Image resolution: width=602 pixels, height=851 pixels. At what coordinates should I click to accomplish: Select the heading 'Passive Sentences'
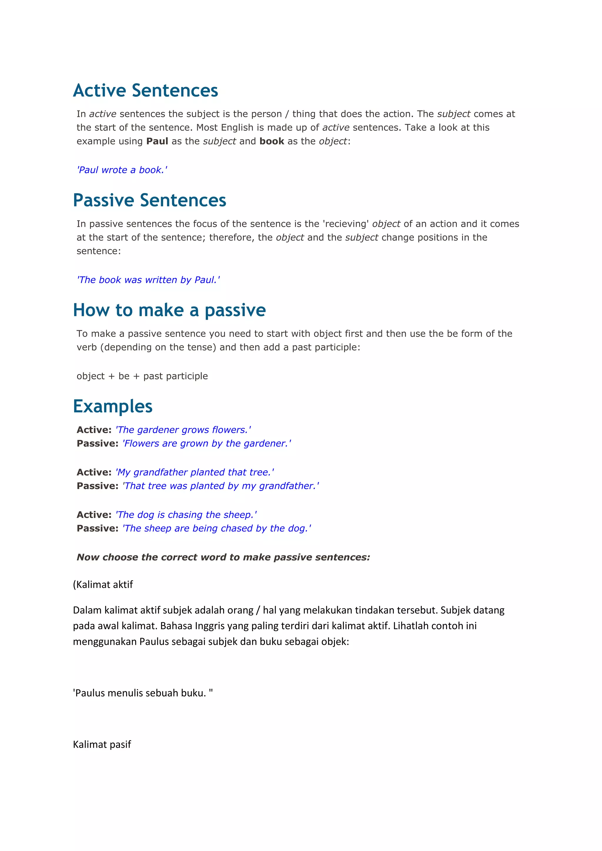coord(149,200)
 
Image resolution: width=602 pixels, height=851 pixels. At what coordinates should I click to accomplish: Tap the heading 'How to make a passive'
coord(169,310)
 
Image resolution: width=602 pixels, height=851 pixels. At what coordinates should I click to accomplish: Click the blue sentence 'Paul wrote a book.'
coord(122,170)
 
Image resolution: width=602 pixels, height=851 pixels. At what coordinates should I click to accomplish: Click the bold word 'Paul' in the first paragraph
coord(157,141)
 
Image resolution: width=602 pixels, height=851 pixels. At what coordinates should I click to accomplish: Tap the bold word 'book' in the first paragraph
coord(272,141)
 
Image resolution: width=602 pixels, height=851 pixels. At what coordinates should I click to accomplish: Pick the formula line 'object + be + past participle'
coord(142,376)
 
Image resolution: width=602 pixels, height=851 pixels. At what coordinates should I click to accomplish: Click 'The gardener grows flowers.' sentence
coord(183,430)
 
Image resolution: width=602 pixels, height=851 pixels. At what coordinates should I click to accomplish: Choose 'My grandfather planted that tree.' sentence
coord(195,472)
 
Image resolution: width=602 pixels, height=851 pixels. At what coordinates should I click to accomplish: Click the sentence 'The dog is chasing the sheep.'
coord(186,515)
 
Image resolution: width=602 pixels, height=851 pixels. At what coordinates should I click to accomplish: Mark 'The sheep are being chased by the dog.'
coord(217,529)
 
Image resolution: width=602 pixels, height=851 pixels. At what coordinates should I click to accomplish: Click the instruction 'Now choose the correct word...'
coord(223,557)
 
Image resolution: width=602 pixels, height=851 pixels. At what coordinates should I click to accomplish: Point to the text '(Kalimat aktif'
coord(103,585)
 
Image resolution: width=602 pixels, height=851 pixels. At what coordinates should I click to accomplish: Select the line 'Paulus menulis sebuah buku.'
coord(143,693)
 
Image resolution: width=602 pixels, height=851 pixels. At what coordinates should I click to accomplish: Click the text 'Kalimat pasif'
coord(102,745)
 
